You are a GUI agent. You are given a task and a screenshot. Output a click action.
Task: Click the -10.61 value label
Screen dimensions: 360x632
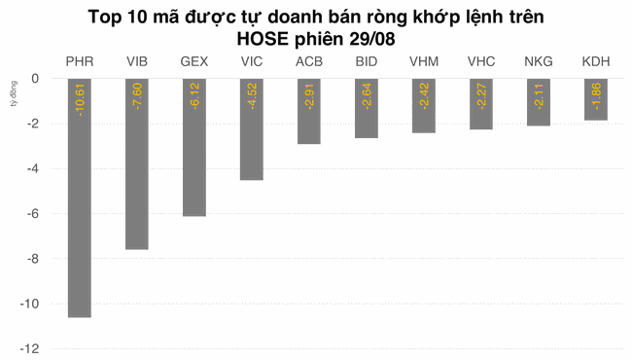point(80,100)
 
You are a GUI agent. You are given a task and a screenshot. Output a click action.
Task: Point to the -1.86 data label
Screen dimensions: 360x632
point(596,97)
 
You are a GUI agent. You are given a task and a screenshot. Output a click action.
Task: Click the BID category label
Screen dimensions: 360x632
point(367,61)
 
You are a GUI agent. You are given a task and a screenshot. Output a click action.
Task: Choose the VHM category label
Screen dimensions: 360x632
point(424,61)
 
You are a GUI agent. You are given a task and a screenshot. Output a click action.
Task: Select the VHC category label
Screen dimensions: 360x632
point(481,61)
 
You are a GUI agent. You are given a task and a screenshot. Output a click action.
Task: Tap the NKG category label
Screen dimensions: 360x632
point(539,61)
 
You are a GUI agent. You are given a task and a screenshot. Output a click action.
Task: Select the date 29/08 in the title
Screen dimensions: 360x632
point(371,39)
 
